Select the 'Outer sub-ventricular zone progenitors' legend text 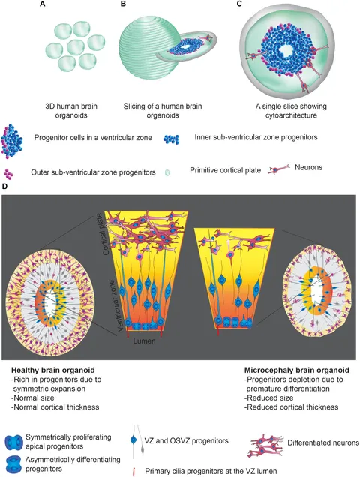pyautogui.click(x=90, y=170)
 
